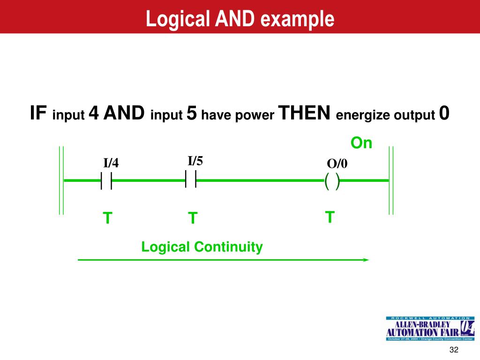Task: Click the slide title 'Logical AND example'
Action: pyautogui.click(x=240, y=19)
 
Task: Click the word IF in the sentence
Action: pyautogui.click(x=38, y=113)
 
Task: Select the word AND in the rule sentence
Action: pyautogui.click(x=124, y=113)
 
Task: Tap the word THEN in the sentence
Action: pyautogui.click(x=305, y=113)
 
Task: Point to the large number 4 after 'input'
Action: pyautogui.click(x=94, y=113)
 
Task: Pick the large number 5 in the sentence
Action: pyautogui.click(x=191, y=113)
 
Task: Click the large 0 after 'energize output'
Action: pyautogui.click(x=444, y=113)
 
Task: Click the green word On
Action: pyautogui.click(x=361, y=143)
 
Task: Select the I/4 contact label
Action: pyautogui.click(x=111, y=163)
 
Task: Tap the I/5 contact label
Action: pyautogui.click(x=195, y=161)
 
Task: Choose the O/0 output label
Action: pyautogui.click(x=337, y=164)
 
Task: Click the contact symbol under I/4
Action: pyautogui.click(x=106, y=180)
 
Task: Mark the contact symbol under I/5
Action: pyautogui.click(x=191, y=179)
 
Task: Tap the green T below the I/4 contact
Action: pyautogui.click(x=107, y=218)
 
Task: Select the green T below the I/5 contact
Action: pyautogui.click(x=192, y=218)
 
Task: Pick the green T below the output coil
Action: pyautogui.click(x=330, y=217)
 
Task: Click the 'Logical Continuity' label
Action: pyautogui.click(x=202, y=247)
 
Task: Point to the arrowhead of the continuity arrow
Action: pyautogui.click(x=366, y=259)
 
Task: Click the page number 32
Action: pyautogui.click(x=453, y=351)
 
